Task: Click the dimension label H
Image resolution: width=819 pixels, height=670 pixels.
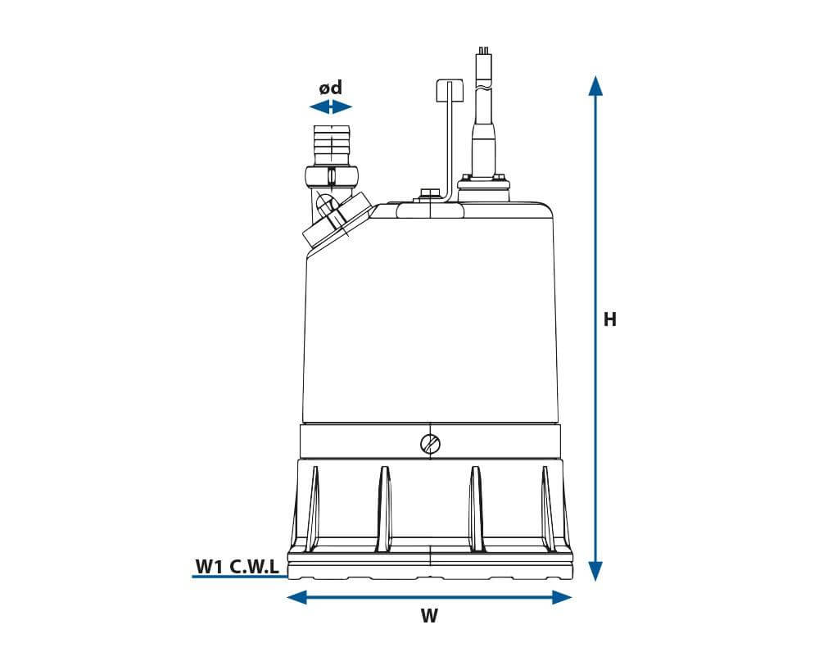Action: tap(609, 319)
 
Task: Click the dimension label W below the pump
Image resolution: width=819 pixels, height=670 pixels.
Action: tap(429, 617)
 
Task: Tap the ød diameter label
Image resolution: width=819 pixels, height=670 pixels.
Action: tap(330, 88)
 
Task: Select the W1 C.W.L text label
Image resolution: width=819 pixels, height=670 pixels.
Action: tap(237, 565)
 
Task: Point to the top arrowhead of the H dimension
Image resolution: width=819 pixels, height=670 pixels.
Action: tap(595, 84)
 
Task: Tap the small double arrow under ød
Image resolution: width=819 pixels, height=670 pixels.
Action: tap(330, 107)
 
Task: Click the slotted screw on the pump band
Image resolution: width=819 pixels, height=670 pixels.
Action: tap(429, 444)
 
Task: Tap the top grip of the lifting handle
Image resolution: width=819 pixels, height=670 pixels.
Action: tap(450, 89)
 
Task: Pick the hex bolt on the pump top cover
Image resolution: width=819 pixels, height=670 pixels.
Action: tap(428, 195)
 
